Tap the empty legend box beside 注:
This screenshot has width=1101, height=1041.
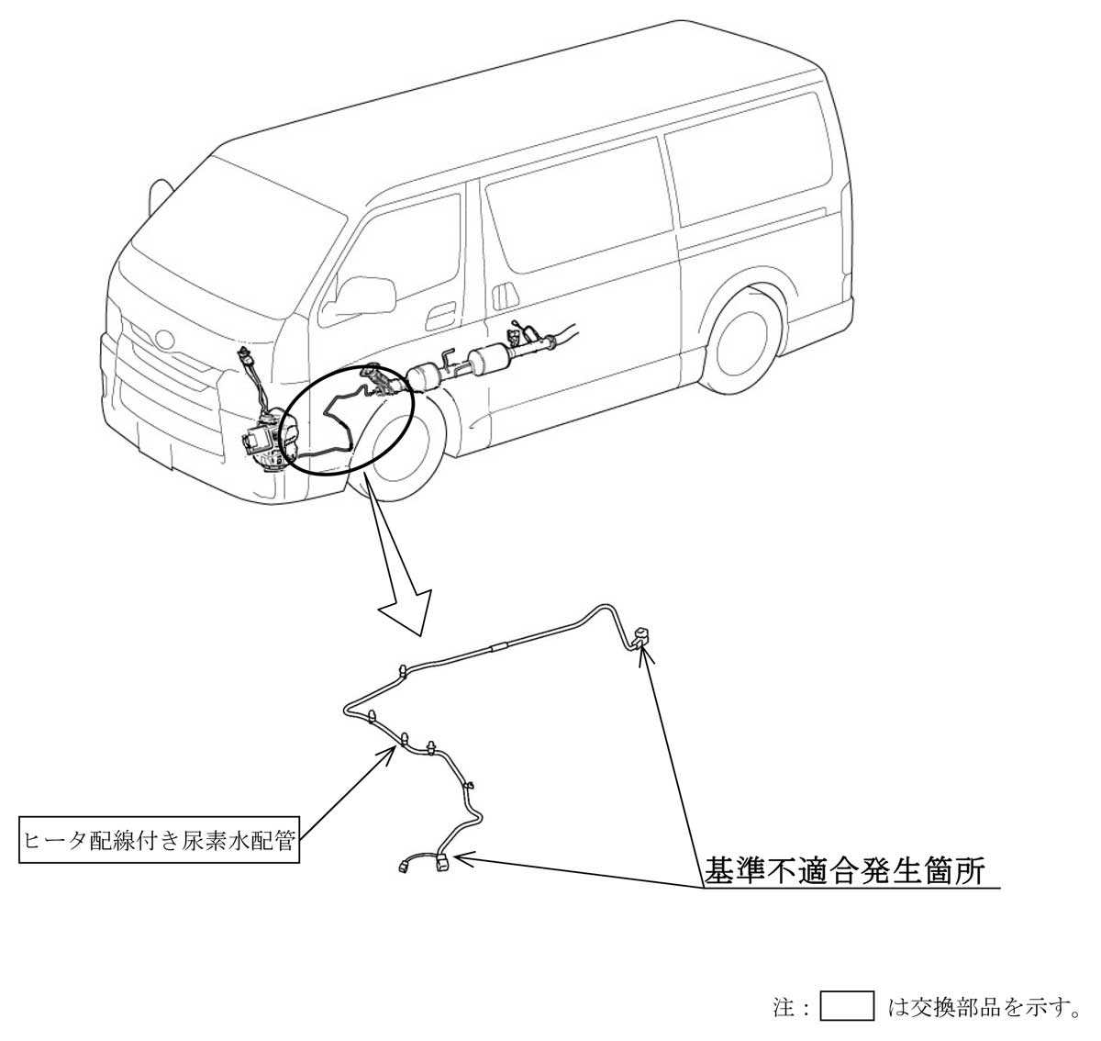pos(846,1007)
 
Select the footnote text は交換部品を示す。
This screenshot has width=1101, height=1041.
pos(983,1007)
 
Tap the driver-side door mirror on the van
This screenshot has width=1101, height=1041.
pos(367,294)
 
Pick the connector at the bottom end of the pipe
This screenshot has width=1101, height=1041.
pos(441,862)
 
